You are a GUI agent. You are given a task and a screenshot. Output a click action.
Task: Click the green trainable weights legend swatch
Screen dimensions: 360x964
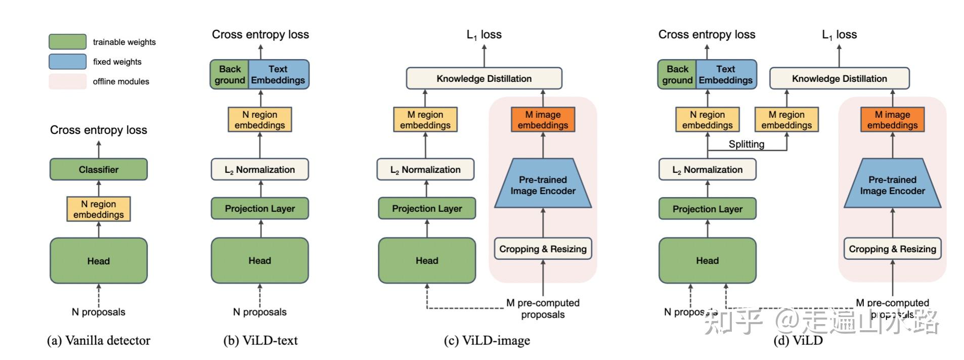coord(67,42)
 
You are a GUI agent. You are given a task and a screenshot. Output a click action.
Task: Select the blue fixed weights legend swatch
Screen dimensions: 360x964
coord(67,62)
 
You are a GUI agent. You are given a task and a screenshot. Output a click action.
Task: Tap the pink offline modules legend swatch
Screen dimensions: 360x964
coord(67,81)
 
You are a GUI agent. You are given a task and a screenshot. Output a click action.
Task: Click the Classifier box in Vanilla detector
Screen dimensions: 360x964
coord(98,169)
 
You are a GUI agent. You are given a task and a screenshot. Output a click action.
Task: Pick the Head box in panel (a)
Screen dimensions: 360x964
coord(98,261)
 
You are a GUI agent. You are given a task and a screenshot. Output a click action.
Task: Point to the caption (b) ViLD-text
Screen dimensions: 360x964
coord(260,341)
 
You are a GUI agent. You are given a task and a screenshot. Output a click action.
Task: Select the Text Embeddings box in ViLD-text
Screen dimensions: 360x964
coord(278,74)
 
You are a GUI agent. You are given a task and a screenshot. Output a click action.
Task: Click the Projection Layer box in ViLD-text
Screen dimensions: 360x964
coord(259,208)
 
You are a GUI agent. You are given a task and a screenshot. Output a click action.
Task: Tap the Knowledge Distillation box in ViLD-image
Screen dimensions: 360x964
coord(484,78)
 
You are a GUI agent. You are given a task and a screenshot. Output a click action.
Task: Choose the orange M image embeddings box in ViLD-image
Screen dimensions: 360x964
coord(543,120)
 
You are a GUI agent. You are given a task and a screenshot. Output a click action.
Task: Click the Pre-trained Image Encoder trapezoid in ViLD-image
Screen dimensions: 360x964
coord(543,185)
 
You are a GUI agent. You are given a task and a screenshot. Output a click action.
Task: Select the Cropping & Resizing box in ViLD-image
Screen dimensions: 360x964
coord(543,249)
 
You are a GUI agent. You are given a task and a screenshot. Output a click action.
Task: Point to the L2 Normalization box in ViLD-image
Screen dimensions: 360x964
coord(425,169)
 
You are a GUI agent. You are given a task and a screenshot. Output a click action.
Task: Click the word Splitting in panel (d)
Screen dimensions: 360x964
coord(746,144)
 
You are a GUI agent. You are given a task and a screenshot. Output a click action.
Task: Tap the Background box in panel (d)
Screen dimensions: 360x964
coord(677,74)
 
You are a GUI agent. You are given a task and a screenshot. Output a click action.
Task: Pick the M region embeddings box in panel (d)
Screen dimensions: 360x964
coord(786,120)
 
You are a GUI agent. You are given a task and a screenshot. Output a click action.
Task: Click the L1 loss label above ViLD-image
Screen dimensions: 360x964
coord(484,34)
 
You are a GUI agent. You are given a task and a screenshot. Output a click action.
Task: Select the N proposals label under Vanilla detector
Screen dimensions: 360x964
coord(98,312)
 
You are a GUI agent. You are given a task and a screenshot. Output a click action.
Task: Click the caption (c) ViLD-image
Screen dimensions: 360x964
coord(487,341)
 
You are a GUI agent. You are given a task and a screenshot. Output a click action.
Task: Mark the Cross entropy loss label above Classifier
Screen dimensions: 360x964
coord(98,130)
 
